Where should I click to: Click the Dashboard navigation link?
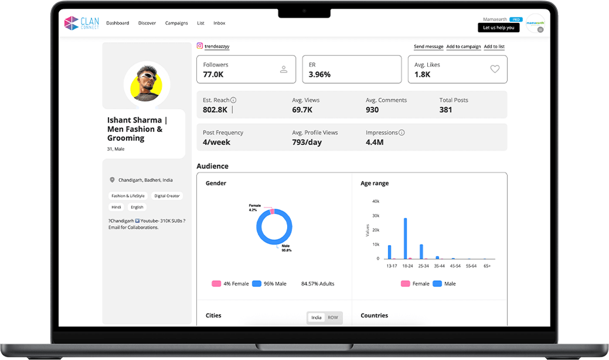118,23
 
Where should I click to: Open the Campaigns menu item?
176,23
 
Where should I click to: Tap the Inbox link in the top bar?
219,23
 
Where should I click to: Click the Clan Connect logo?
81,23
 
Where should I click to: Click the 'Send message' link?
428,46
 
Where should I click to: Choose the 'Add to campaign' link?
464,46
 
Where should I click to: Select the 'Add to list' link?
494,46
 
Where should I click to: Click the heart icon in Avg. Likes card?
495,69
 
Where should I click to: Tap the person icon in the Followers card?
284,69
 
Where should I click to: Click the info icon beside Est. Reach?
233,100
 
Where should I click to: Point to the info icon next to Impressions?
402,133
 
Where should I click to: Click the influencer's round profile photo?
147,84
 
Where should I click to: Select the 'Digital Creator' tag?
167,196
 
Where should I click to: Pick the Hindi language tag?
116,208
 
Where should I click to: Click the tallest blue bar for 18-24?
406,239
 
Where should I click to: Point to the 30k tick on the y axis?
376,216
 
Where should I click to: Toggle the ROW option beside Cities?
333,318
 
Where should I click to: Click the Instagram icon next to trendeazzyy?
200,46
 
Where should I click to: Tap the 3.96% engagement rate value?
319,74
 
